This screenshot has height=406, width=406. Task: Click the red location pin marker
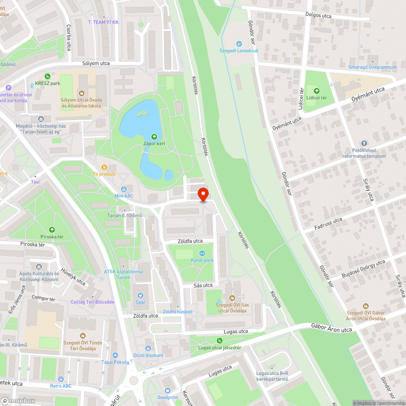coord(203,194)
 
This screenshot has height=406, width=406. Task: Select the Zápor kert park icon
coord(154,137)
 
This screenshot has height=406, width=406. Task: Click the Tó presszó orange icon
coord(104,167)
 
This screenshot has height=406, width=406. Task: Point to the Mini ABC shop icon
coord(124,189)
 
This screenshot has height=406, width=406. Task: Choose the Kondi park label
coord(203,260)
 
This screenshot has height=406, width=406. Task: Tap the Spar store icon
coord(140,296)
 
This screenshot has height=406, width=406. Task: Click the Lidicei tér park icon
coord(317,91)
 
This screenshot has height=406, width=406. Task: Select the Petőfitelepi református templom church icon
coord(363,143)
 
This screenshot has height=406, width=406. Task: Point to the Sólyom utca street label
coord(96,63)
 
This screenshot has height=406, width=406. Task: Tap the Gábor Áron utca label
coord(331,328)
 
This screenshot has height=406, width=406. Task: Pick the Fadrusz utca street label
coord(328,225)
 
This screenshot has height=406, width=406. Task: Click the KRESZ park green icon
coord(48,76)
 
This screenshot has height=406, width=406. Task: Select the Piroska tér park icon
coord(52,230)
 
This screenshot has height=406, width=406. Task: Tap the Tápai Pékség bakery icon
coord(115,355)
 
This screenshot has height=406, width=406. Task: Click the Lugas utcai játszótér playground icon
coord(220,341)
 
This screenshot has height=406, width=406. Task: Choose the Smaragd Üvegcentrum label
coord(373,67)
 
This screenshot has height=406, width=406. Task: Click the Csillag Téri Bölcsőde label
coord(93,302)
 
